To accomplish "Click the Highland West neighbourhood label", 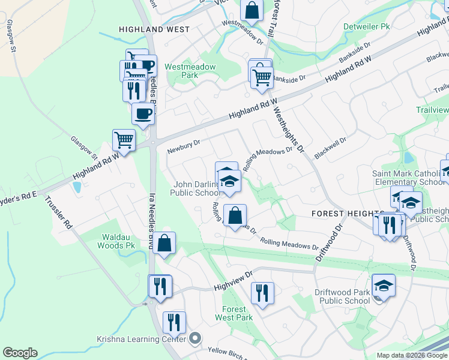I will point(154,29).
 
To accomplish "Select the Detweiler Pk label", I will point(367,27).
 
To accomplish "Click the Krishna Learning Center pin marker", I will point(194,340).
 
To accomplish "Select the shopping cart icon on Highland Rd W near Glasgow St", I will point(124,140).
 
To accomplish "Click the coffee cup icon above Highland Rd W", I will point(143,113).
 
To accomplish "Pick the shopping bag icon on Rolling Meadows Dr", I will point(235,215).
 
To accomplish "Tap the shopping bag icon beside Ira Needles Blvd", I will point(164,244).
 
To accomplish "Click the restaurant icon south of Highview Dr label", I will point(262,294).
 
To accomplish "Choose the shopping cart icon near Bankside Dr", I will point(262,77).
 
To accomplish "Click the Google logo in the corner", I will point(20,353).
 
